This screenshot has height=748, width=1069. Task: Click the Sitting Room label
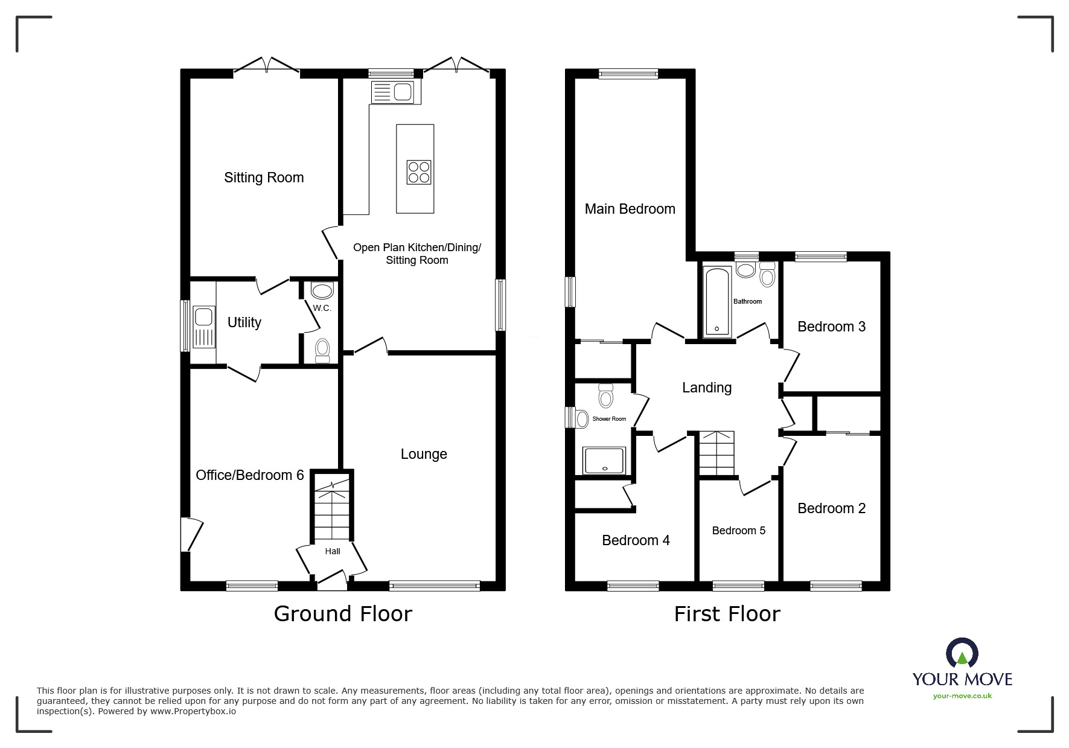(264, 177)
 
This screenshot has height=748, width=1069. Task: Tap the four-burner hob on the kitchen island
(419, 171)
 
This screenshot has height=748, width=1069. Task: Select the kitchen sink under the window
(393, 92)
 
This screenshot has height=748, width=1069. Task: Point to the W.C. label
(322, 308)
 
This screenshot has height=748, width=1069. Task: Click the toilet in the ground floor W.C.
(322, 350)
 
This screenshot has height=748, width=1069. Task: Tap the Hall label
(332, 551)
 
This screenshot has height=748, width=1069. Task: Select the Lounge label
(424, 454)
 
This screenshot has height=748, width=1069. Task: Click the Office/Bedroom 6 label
(249, 475)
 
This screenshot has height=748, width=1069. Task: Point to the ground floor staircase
(331, 507)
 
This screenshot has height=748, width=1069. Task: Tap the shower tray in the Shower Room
(604, 461)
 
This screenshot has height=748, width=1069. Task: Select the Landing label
(706, 388)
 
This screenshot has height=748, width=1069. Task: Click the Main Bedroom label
(630, 209)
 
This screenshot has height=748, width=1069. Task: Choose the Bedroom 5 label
(738, 531)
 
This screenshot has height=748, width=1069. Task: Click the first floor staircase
(716, 453)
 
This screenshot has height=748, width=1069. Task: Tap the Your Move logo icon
(962, 654)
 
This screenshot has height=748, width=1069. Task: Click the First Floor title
(727, 614)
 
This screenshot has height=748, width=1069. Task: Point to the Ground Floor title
(343, 614)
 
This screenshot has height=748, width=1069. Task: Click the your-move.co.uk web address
(962, 696)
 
